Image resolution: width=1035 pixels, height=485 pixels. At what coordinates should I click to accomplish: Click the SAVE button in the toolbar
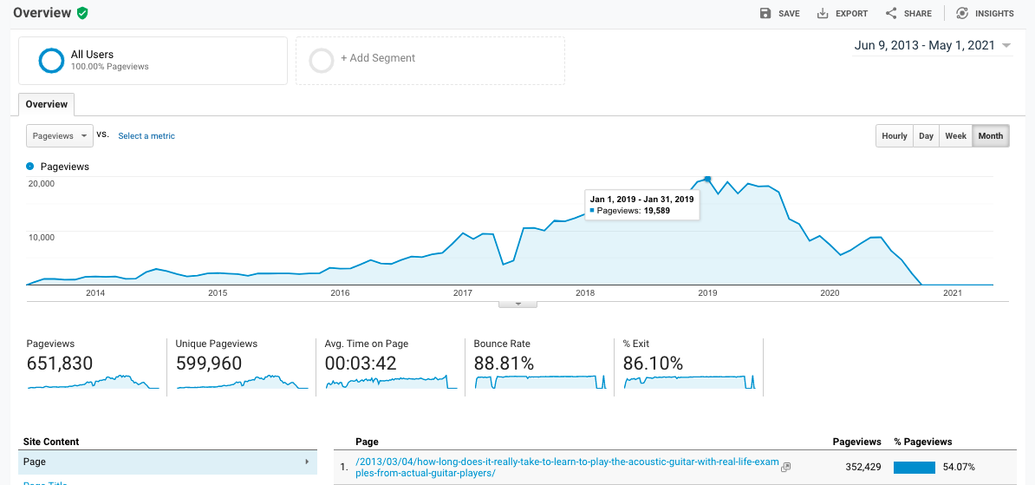(x=779, y=14)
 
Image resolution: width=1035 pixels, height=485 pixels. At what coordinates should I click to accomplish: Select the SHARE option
(x=908, y=14)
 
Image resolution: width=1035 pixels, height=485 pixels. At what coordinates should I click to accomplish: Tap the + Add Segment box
(x=430, y=60)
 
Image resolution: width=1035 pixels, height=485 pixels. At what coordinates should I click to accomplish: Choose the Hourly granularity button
(x=895, y=136)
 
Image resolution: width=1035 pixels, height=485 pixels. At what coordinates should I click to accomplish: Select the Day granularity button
(x=927, y=136)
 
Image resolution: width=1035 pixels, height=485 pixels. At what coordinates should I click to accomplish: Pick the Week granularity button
(x=955, y=136)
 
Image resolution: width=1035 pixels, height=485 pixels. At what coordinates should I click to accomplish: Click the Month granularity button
(x=991, y=136)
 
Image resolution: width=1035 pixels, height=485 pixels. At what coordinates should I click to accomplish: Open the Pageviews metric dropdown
(x=60, y=136)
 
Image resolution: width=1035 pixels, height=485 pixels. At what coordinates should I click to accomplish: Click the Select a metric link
(x=146, y=136)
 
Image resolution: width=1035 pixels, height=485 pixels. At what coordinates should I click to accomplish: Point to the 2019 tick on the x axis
(x=707, y=293)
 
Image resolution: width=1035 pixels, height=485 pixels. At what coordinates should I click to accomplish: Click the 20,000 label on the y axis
(x=42, y=184)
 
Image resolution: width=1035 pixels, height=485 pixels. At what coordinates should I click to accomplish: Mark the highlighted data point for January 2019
(x=707, y=180)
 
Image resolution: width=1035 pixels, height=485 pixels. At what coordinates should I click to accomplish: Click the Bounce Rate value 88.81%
(x=504, y=364)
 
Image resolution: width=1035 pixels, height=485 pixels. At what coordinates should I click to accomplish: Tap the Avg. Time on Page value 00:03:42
(x=361, y=364)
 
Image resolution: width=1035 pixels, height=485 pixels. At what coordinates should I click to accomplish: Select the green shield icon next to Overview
(x=82, y=13)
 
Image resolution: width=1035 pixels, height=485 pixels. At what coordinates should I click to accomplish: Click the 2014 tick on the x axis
(x=95, y=293)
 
